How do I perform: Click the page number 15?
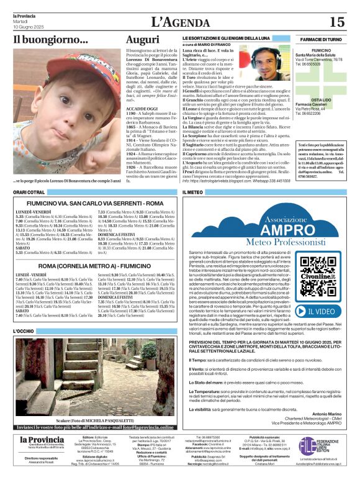pos(337,22)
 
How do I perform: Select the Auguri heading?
pos(143,40)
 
